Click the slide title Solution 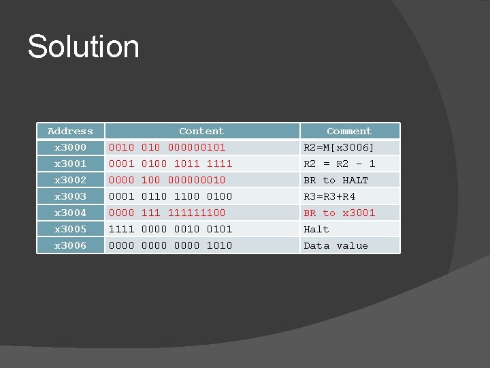[83, 47]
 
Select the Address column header [70, 131]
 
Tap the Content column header [201, 131]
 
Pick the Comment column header [349, 131]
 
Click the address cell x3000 [70, 147]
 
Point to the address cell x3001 [70, 164]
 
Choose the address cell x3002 [70, 180]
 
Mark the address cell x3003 [70, 196]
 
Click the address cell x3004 [70, 213]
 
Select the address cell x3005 [70, 229]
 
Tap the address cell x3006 [70, 245]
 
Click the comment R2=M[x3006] [339, 147]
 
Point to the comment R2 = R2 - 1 [339, 164]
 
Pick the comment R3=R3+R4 [329, 196]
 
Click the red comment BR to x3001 [339, 213]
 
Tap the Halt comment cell [316, 229]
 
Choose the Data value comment [336, 245]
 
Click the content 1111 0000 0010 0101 [171, 229]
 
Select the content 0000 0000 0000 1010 [171, 245]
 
